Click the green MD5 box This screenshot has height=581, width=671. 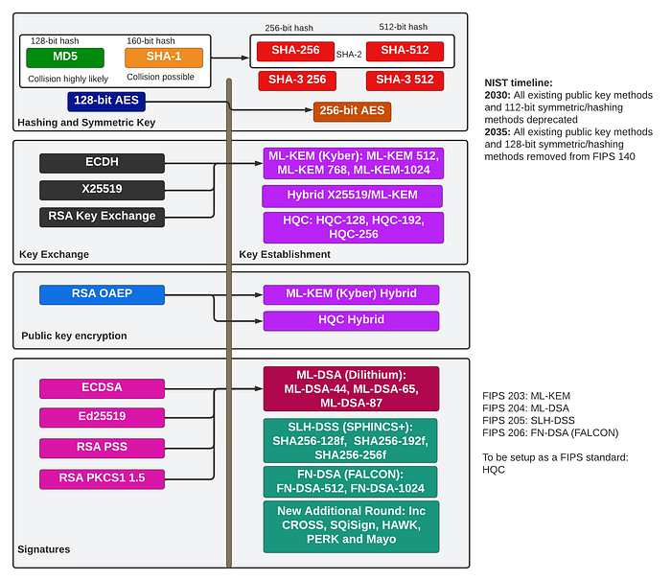click(65, 58)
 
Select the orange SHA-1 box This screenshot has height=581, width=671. click(164, 58)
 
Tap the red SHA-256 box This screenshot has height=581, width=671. click(295, 51)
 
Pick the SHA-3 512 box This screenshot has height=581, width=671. click(405, 81)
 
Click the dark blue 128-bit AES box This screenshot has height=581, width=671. click(106, 102)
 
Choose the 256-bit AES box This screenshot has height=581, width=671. click(352, 112)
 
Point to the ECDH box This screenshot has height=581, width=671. click(102, 163)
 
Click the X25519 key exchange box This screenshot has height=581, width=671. click(102, 190)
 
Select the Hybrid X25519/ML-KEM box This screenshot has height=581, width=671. click(352, 197)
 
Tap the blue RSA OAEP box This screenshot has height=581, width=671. click(102, 294)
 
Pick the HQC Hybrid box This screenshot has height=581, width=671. click(352, 320)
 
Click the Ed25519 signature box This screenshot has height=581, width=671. click(102, 417)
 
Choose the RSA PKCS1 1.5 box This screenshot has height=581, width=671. click(102, 479)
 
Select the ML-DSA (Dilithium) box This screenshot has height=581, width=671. click(352, 388)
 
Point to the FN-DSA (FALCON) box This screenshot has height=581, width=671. click(351, 481)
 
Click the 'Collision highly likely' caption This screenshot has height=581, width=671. click(68, 79)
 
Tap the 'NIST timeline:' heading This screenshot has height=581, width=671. click(519, 82)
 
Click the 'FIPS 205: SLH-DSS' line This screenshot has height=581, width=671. click(528, 421)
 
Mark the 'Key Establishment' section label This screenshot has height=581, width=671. click(285, 254)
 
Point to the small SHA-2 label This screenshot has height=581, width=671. click(349, 55)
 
